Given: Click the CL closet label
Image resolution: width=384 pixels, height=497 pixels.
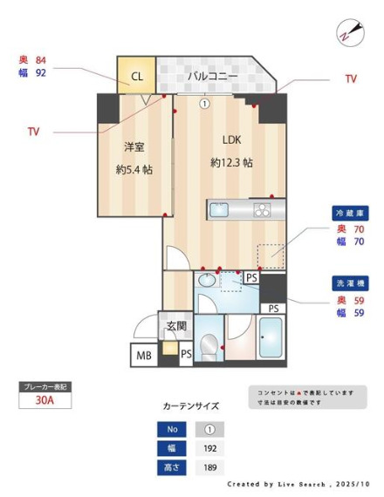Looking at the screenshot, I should pyautogui.click(x=137, y=76).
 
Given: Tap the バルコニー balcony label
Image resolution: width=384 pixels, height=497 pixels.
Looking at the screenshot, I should pyautogui.click(x=211, y=77).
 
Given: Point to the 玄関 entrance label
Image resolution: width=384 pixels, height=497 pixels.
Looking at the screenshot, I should pyautogui.click(x=176, y=327).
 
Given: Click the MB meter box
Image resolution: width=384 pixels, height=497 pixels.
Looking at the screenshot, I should pyautogui.click(x=142, y=356).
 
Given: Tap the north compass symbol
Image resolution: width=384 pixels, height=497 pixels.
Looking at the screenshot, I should pyautogui.click(x=349, y=33).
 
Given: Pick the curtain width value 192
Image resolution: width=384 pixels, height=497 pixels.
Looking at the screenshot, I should pyautogui.click(x=209, y=449).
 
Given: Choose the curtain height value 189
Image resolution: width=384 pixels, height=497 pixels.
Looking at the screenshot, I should pyautogui.click(x=209, y=468).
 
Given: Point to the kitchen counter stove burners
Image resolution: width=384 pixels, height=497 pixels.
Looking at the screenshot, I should pyautogui.click(x=263, y=209).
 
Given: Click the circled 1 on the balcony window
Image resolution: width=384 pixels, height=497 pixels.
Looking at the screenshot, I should pyautogui.click(x=204, y=103).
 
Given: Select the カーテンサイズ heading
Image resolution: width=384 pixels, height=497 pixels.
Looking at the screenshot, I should pyautogui.click(x=191, y=406).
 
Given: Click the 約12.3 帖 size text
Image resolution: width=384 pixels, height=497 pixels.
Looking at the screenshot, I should pyautogui.click(x=231, y=163).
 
